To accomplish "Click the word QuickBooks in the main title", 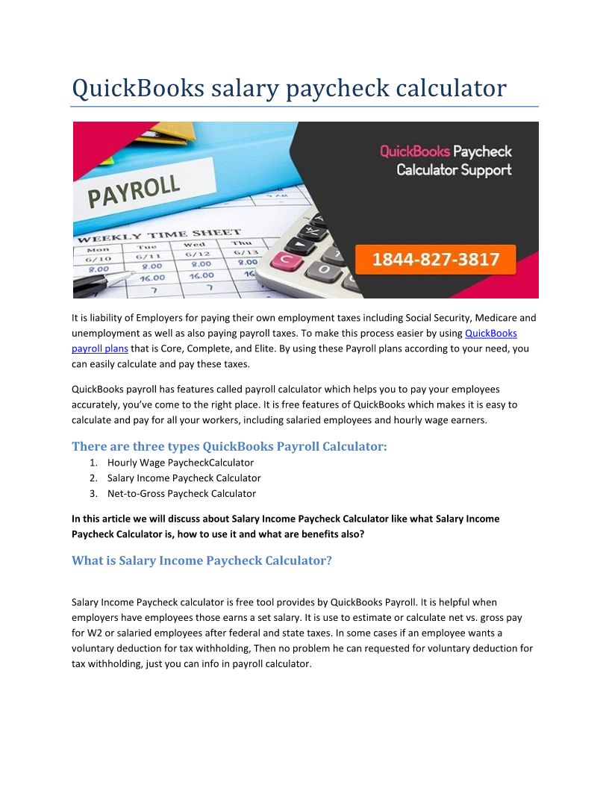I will pos(137,88).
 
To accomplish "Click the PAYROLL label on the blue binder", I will pos(134,191).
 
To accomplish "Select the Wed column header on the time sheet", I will pos(194,244).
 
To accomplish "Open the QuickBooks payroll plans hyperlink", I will pos(490,333).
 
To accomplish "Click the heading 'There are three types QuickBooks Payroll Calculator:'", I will pos(229,446).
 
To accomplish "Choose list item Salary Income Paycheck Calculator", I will pos(184,478).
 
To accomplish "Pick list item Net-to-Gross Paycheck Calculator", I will pos(181,493).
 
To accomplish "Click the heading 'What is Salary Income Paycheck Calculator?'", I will pos(202,560).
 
